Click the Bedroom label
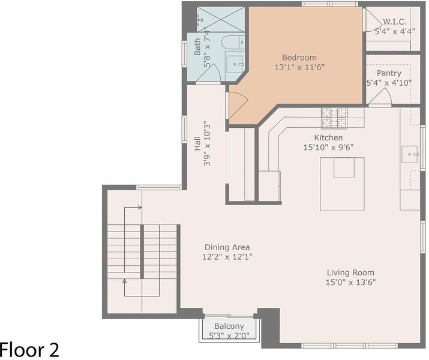(x=299, y=58)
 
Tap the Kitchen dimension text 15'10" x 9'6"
(x=328, y=148)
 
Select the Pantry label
(x=389, y=73)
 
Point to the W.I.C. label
(x=395, y=22)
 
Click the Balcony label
(x=229, y=326)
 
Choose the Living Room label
(x=350, y=273)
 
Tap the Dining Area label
(x=227, y=247)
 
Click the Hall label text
(x=197, y=143)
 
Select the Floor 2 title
(x=29, y=350)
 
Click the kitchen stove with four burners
(x=334, y=118)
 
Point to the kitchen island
(x=342, y=184)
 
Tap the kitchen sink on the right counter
(x=410, y=154)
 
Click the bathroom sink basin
(x=235, y=64)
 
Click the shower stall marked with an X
(x=221, y=19)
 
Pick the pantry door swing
(x=380, y=96)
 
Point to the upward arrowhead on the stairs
(x=124, y=281)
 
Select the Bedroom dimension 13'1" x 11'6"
(x=299, y=67)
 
